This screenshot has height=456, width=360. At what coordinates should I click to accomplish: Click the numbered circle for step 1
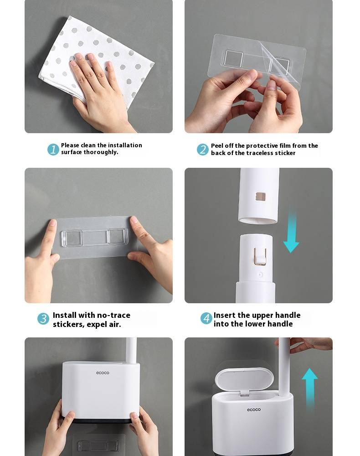point(53,149)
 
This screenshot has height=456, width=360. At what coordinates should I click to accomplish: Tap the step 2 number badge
point(202,150)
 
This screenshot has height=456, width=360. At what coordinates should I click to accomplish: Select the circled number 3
point(43,318)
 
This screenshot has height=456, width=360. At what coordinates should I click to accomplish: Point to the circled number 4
point(206,318)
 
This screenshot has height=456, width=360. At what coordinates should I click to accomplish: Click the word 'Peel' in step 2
point(217,145)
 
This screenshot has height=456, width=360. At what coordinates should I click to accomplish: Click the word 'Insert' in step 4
point(224,315)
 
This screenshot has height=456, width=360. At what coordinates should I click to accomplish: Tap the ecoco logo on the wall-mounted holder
point(103,373)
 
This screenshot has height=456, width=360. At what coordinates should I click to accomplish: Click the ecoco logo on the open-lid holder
point(254,409)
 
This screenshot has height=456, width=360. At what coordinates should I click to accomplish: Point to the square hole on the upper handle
point(260,197)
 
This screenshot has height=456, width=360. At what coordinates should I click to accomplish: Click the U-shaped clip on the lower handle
point(260,256)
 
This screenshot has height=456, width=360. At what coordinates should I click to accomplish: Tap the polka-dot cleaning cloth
point(96,58)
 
